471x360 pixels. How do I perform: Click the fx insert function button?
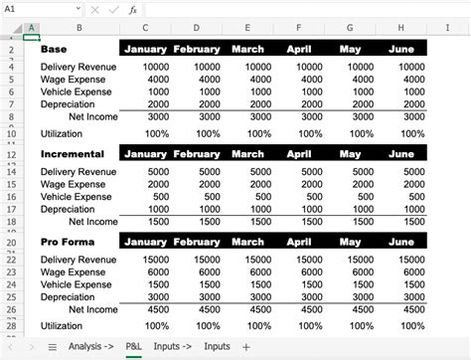(x=132, y=9)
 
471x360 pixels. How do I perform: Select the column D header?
(x=197, y=27)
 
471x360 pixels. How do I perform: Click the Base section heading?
(x=54, y=48)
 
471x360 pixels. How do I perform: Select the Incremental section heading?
(x=72, y=153)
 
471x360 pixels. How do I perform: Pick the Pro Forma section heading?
(x=66, y=241)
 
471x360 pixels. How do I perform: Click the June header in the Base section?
(x=401, y=48)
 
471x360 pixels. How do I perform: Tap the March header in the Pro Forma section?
(x=247, y=241)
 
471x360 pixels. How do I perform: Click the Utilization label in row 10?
(x=63, y=133)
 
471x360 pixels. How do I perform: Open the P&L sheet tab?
(x=132, y=346)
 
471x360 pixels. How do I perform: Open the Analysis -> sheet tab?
(x=90, y=346)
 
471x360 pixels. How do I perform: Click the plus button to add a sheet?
(x=246, y=346)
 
